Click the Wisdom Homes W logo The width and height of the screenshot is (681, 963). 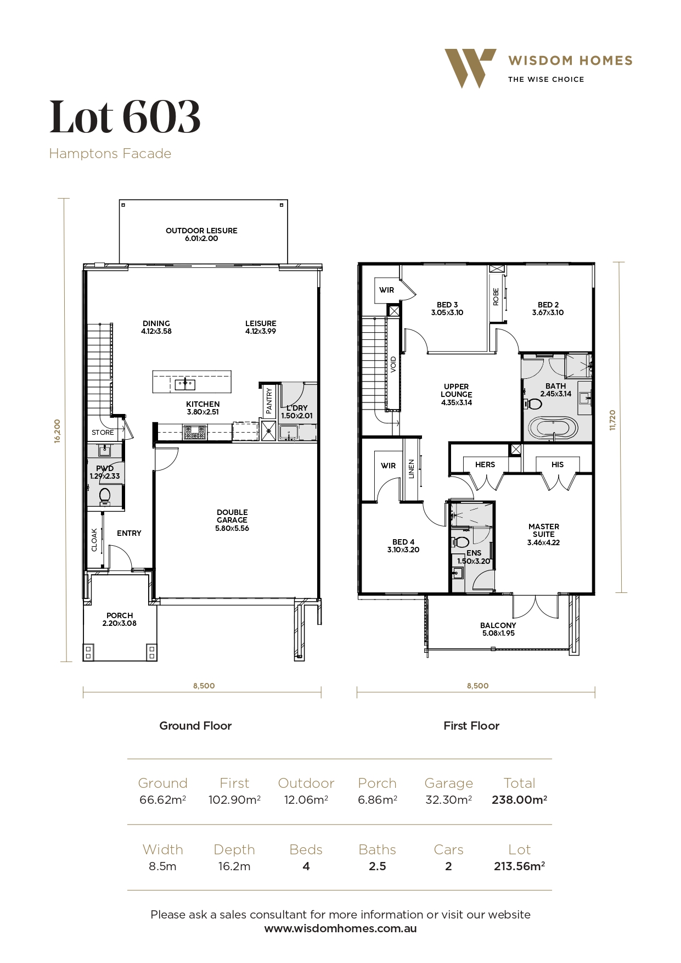pyautogui.click(x=470, y=68)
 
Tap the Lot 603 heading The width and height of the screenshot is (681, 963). pyautogui.click(x=125, y=116)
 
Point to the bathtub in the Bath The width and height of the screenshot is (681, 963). pyautogui.click(x=553, y=429)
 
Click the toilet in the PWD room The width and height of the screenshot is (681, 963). pyautogui.click(x=105, y=496)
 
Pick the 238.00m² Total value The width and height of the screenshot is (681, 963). pyautogui.click(x=519, y=800)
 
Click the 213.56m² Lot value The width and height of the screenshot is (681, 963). pyautogui.click(x=519, y=866)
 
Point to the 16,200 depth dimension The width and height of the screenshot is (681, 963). pyautogui.click(x=57, y=431)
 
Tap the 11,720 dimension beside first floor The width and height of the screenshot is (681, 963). pyautogui.click(x=613, y=420)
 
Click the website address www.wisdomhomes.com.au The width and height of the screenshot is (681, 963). pyautogui.click(x=340, y=928)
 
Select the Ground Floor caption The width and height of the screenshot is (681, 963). pyautogui.click(x=195, y=726)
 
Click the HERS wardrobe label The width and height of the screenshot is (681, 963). pyautogui.click(x=485, y=464)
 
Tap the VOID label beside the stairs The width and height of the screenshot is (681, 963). pyautogui.click(x=393, y=365)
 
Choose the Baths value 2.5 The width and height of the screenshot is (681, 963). pyautogui.click(x=378, y=866)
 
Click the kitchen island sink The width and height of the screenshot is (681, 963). pyautogui.click(x=185, y=383)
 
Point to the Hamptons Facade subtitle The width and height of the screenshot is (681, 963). pyautogui.click(x=110, y=154)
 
